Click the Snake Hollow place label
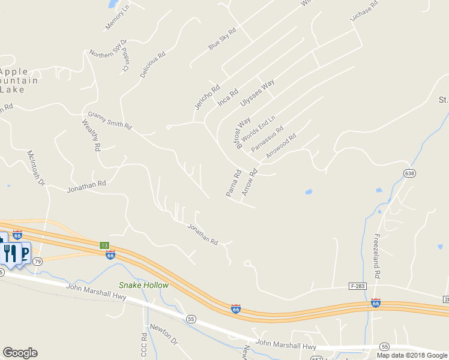point(143,286)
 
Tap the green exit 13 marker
point(104,245)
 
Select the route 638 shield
point(409,173)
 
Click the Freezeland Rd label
point(377,256)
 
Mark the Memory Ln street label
point(117,17)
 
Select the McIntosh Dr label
point(36,167)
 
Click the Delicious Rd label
point(152,65)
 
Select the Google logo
point(20,353)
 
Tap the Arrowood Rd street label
point(281,145)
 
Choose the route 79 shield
point(37,262)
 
